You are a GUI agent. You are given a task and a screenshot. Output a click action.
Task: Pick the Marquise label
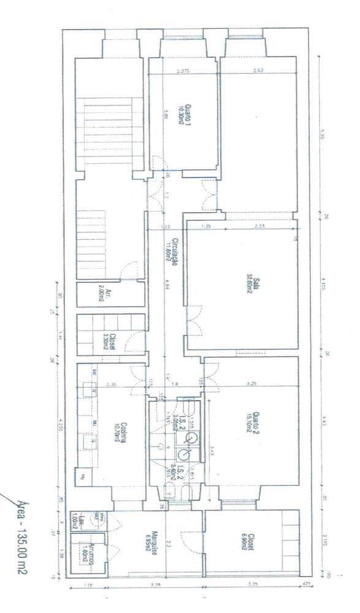[x=156, y=543]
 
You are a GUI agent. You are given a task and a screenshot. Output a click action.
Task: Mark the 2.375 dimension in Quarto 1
[x=183, y=71]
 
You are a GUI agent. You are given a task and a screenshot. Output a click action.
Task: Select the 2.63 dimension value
[x=258, y=71]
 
